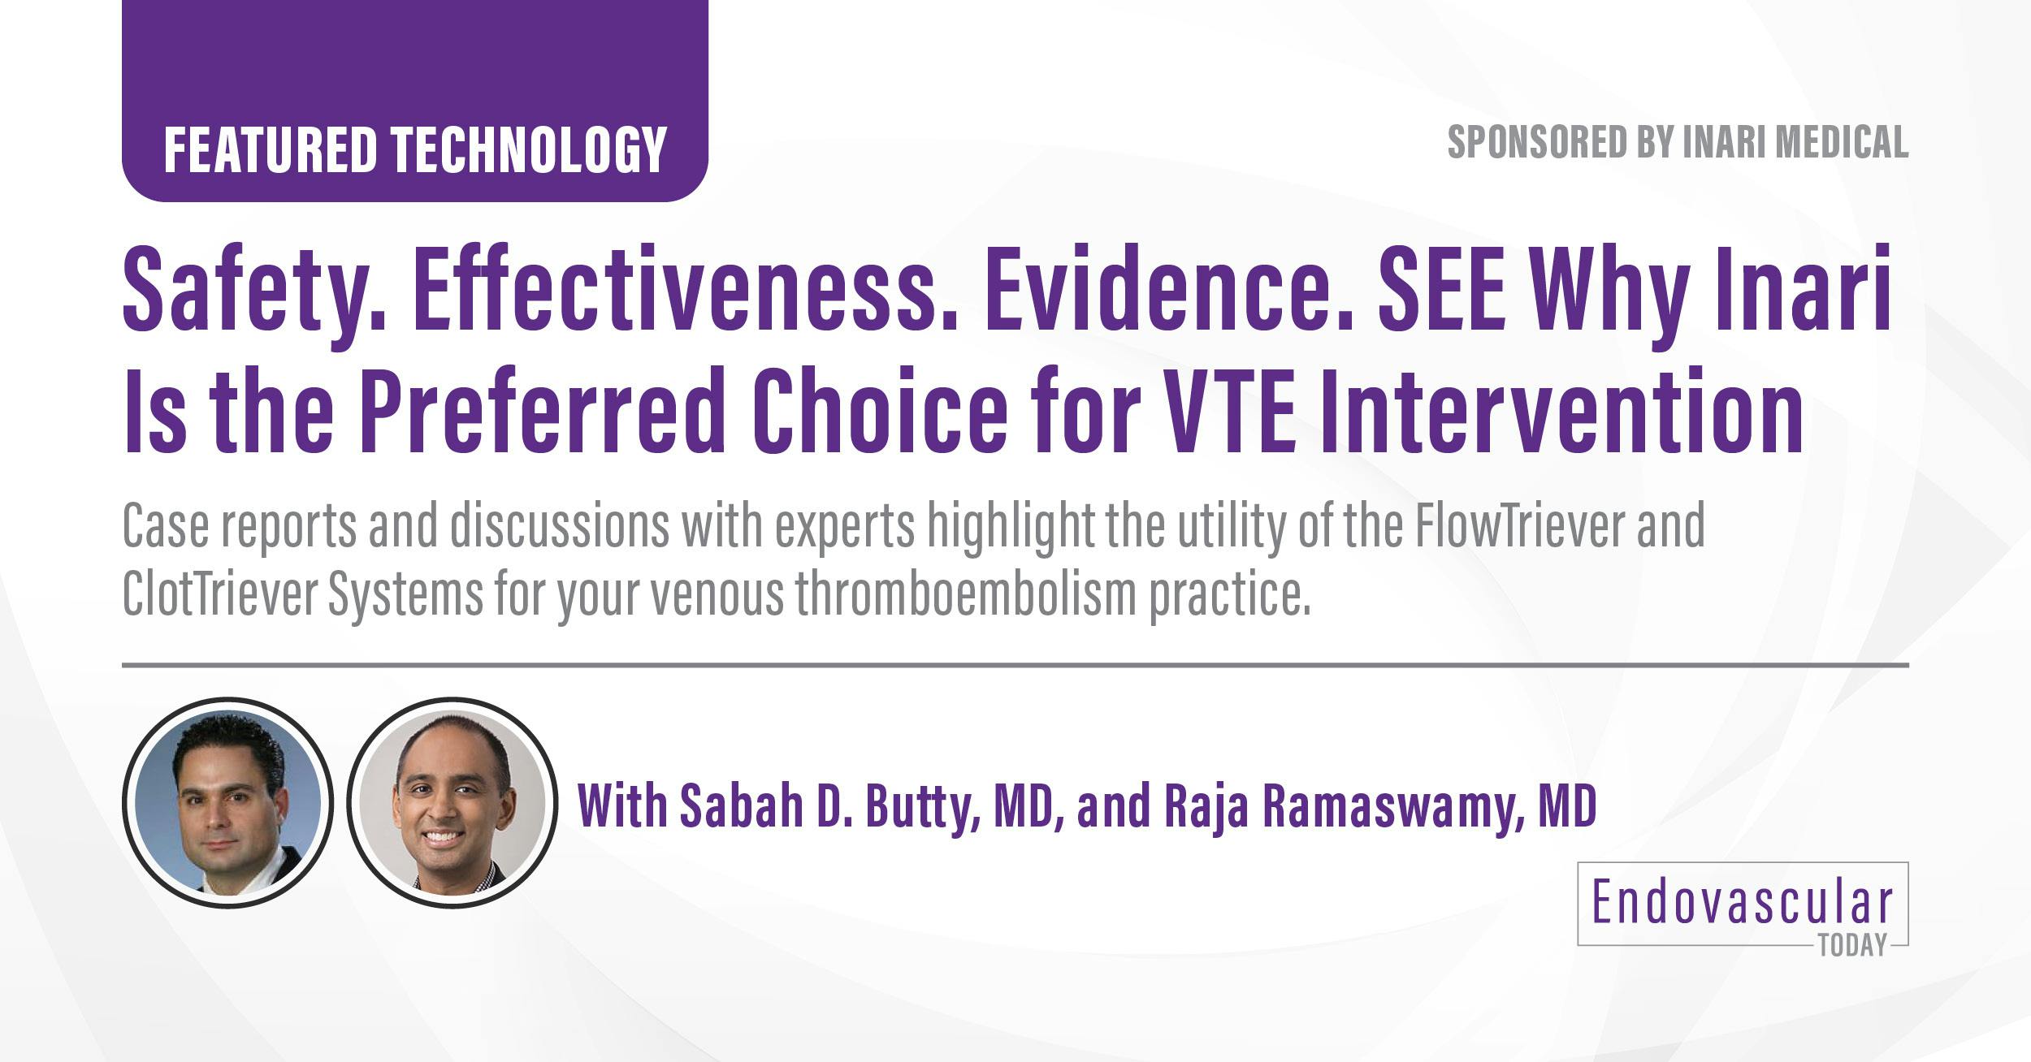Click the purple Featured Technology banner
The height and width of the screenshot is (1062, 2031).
tap(414, 149)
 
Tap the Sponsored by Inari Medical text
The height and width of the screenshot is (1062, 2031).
tap(1677, 143)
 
